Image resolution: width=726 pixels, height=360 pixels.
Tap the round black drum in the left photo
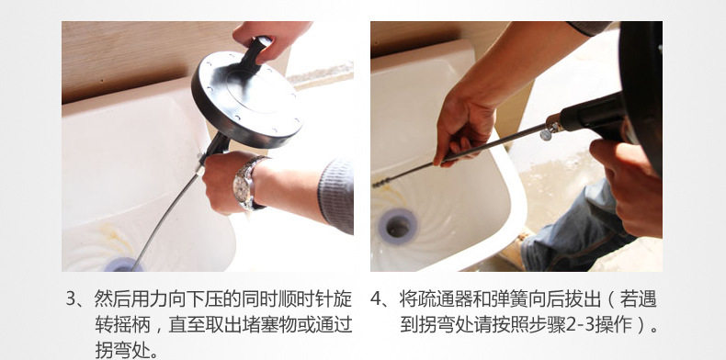[x=247, y=99]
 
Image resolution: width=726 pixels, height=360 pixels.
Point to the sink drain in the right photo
[x=398, y=226]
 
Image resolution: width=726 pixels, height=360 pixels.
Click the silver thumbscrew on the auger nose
[x=546, y=135]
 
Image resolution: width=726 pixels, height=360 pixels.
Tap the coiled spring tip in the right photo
[x=381, y=183]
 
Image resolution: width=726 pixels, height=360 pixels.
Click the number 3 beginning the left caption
[x=71, y=299]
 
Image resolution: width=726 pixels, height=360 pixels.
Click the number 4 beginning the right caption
[x=375, y=299]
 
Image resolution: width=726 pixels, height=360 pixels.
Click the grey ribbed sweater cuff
[x=335, y=197]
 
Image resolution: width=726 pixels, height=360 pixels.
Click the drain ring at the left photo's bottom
[x=124, y=264]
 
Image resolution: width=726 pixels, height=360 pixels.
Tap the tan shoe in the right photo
[x=513, y=250]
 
